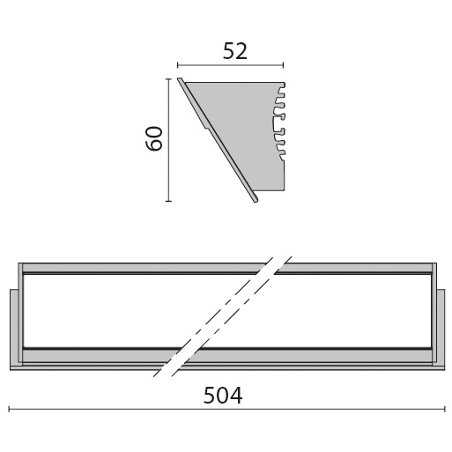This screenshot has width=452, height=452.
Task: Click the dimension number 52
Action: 234,51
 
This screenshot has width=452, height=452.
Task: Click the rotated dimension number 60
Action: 155,138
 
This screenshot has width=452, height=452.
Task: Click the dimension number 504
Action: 222,396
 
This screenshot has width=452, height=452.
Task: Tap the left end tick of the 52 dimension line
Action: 178,64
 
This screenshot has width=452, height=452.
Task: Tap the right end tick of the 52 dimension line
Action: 283,64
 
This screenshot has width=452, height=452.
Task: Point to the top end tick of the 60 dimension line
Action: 167,78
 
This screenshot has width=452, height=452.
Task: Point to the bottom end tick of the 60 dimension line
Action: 167,201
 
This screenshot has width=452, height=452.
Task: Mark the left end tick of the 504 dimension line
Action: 9,409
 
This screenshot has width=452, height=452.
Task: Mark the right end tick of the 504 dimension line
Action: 444,409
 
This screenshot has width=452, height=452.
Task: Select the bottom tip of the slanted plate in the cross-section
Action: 256,200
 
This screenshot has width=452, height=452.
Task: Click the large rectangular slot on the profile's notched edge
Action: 280,123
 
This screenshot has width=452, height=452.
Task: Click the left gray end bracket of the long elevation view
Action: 15,326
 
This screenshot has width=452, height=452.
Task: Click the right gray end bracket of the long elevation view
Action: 439,326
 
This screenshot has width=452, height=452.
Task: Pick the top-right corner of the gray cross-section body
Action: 284,83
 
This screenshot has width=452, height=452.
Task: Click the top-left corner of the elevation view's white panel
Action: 24,275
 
